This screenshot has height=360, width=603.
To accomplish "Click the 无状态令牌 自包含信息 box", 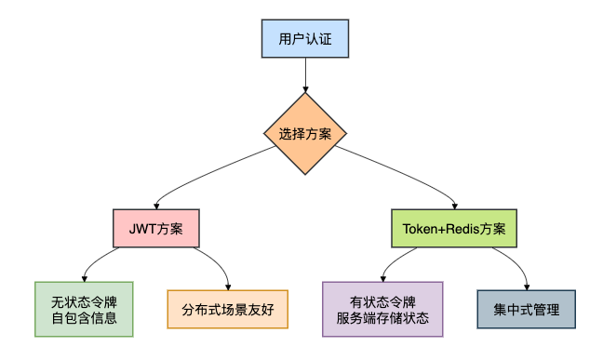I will coord(84,309).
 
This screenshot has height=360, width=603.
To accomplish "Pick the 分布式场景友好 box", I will coord(228,309).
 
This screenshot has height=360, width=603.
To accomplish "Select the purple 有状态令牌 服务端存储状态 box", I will coord(382,309).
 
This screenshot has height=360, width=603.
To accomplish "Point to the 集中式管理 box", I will coord(527,309).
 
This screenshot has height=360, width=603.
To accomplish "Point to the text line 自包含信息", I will coord(84,318).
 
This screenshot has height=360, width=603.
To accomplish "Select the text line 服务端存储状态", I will coord(382,318).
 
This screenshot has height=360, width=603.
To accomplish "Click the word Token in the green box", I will coord(420,228).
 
